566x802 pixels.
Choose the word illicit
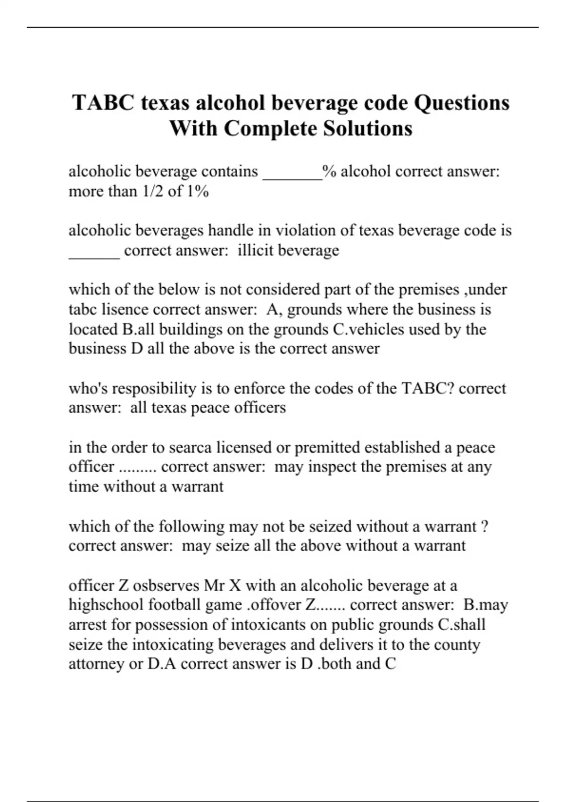point(255,250)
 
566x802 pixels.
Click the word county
point(458,644)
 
